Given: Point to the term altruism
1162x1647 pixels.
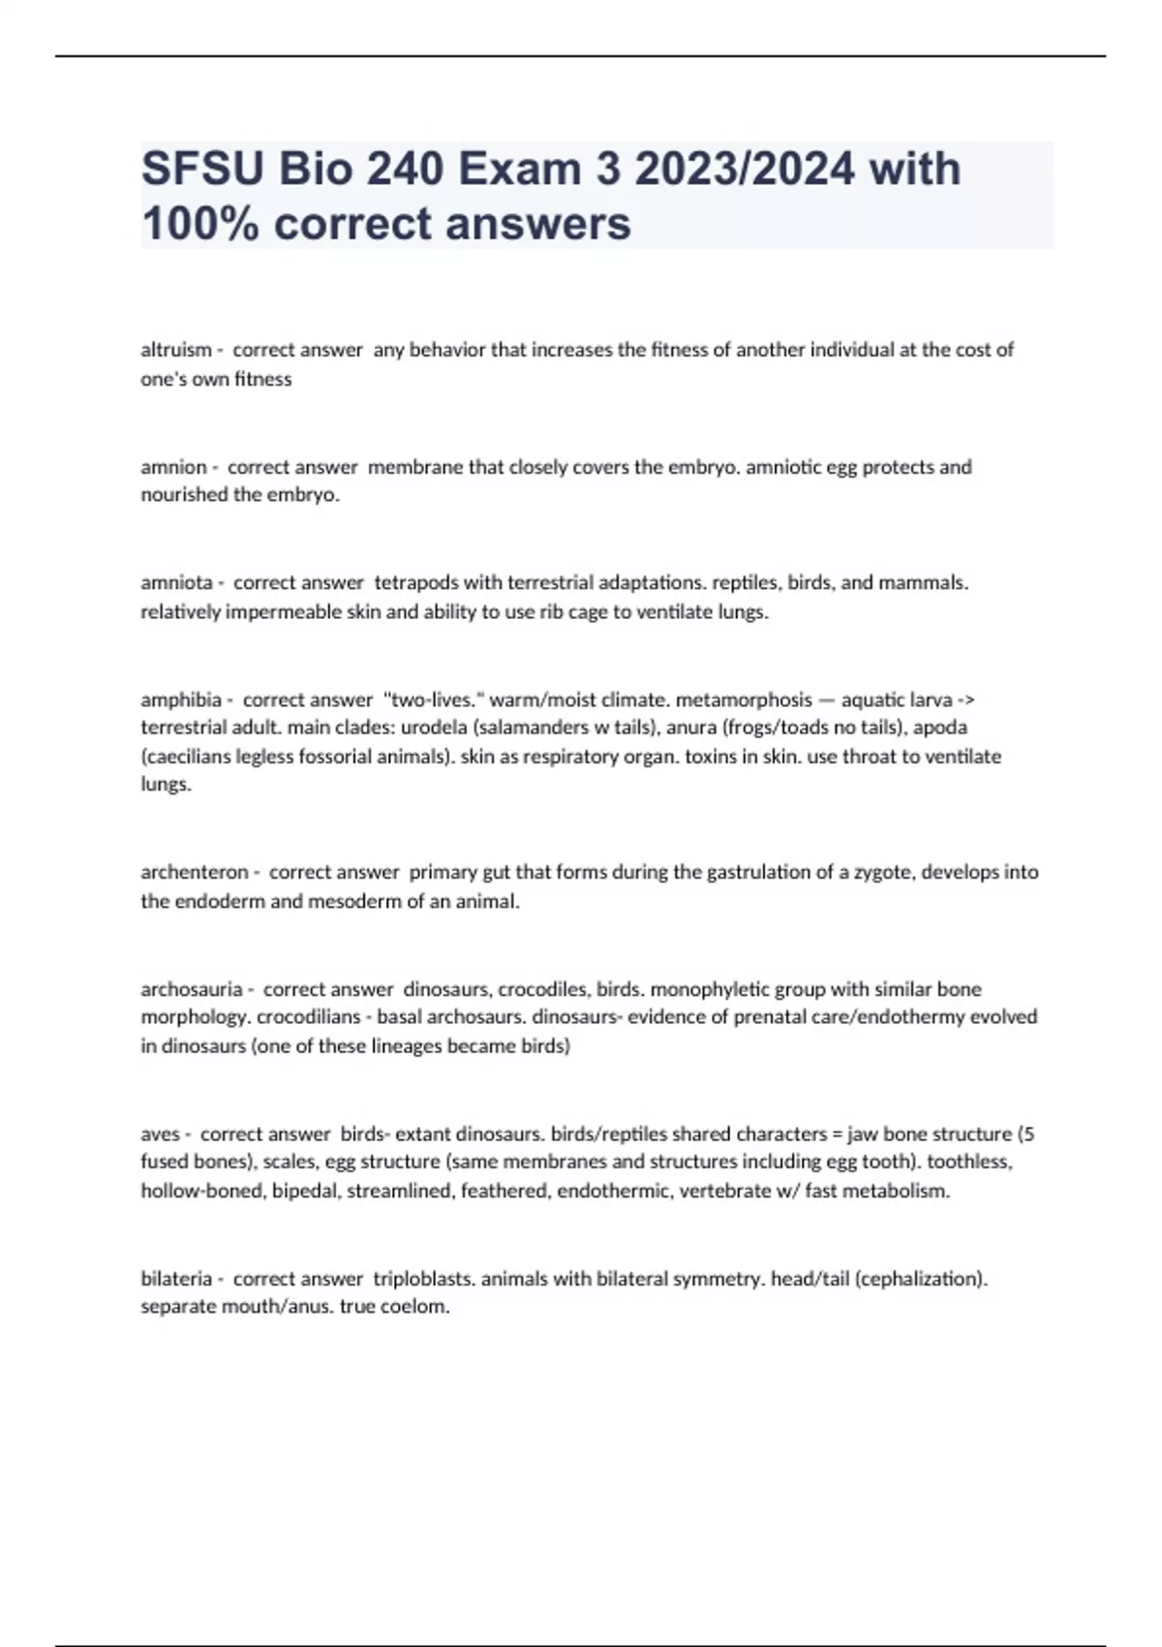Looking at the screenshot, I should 176,350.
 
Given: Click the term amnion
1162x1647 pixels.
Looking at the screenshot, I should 174,467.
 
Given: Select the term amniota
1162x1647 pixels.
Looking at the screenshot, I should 177,583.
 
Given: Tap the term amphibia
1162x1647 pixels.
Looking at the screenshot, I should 181,699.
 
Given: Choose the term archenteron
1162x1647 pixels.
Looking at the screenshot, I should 195,872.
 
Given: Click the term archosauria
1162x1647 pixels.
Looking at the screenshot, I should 192,989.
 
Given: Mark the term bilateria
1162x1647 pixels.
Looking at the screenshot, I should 176,1279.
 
